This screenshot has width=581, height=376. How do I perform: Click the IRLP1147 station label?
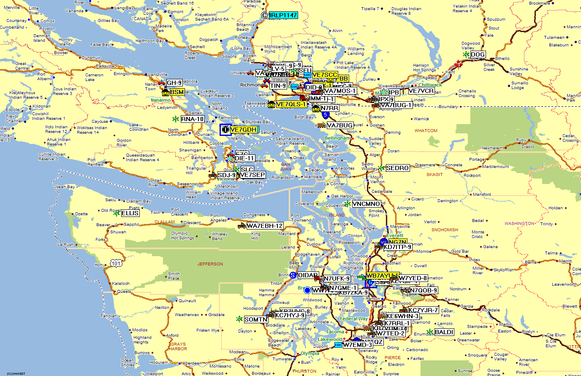283,15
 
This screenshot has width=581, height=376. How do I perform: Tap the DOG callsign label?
478,54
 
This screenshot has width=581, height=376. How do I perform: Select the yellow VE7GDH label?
243,130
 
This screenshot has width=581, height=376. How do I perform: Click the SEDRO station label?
397,168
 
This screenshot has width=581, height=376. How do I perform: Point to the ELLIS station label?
130,213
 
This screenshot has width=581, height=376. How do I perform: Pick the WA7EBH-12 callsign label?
265,226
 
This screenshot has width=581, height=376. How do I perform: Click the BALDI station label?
444,332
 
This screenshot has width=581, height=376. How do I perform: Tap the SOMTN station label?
256,319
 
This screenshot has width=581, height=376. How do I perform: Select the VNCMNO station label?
366,204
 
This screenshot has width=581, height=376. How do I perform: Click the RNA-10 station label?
193,119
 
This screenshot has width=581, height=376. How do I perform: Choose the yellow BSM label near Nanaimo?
177,92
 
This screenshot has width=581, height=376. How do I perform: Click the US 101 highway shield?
116,263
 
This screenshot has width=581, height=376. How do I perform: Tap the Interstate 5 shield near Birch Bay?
325,115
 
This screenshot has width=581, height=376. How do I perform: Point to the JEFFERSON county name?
210,264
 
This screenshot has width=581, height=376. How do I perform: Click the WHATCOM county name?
426,130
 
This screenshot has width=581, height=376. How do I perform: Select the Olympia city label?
310,353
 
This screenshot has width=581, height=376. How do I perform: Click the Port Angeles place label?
218,218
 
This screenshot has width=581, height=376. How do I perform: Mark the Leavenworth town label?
564,284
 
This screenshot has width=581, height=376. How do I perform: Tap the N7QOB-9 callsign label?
424,290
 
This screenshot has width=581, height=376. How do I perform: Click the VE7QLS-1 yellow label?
291,104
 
